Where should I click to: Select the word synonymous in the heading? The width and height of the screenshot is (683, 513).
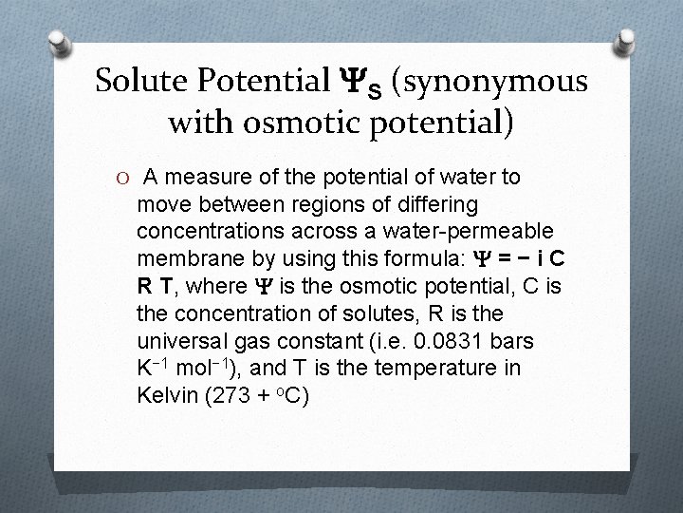tap(499, 83)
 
